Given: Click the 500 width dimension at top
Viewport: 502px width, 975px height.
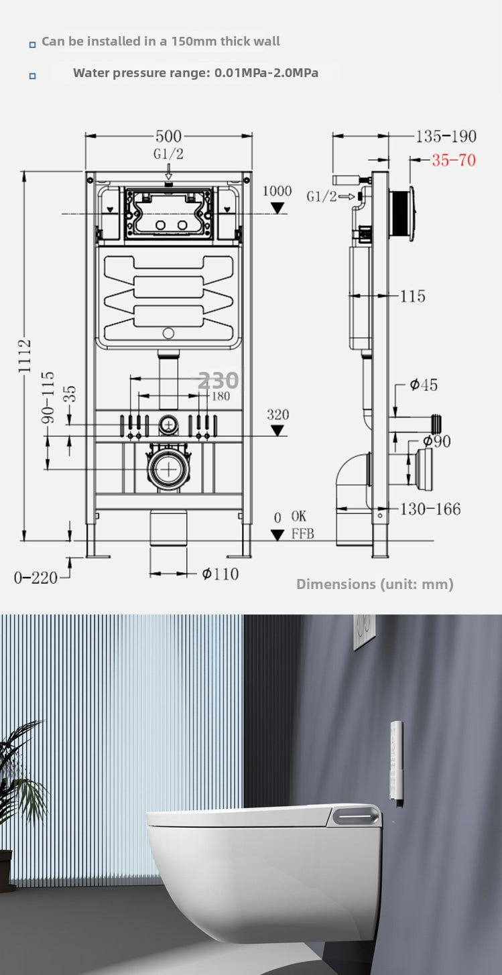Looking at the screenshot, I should coord(168,137).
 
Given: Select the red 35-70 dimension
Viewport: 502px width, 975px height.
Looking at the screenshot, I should coord(453,160).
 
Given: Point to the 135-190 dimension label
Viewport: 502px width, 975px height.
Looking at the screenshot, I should coord(446,137).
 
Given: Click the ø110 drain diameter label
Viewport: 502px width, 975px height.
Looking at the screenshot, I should coord(220,574).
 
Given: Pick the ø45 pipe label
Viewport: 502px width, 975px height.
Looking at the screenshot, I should coord(424,385).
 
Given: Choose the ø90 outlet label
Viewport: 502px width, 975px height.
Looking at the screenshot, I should coord(436,441).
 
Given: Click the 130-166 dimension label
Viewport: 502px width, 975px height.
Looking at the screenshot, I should coord(430,509).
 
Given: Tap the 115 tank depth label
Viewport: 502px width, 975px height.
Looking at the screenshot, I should coord(412,296).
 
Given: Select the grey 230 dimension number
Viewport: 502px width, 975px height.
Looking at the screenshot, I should coord(218,381).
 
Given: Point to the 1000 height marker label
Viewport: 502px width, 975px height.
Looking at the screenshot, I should coord(277,191).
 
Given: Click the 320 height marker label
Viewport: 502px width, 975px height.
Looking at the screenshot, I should coord(277,415).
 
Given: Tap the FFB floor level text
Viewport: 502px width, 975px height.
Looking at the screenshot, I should coord(302,534).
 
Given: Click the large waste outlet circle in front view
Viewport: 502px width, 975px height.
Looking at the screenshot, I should coord(168,468).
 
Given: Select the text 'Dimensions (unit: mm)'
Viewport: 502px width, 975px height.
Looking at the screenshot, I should coord(375,584).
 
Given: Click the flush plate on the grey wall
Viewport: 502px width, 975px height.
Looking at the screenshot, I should coord(364,631).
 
